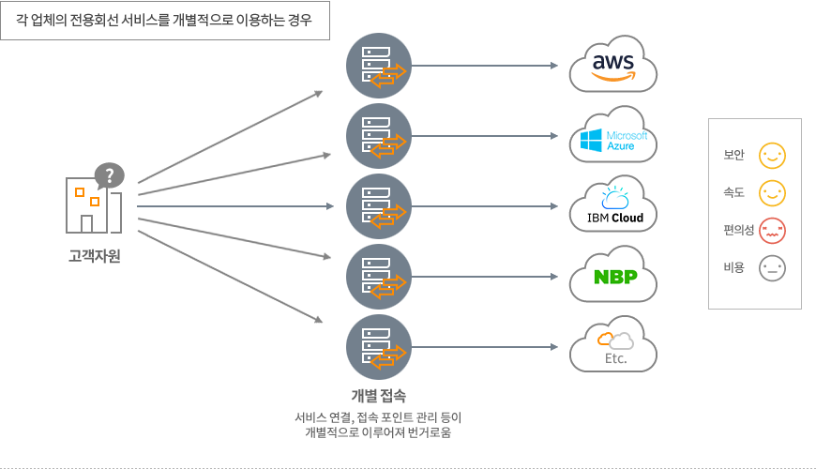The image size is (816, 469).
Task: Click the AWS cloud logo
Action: tap(613, 65)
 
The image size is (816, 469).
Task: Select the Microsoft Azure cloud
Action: tap(613, 135)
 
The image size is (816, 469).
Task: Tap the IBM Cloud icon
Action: tap(613, 205)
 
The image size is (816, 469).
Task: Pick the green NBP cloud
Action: tap(613, 276)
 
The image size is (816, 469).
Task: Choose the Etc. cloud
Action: tap(613, 345)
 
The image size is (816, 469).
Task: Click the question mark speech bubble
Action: tap(110, 176)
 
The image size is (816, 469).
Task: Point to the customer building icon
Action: tap(94, 205)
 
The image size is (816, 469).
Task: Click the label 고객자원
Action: tap(95, 256)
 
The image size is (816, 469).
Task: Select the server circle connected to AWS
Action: tap(379, 66)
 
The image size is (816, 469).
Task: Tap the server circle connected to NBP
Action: tap(379, 277)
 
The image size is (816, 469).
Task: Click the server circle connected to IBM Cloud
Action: tap(379, 206)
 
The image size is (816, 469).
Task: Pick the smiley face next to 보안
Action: tap(772, 156)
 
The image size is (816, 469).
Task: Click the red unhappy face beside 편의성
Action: tap(772, 231)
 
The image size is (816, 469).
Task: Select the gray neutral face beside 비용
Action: tap(772, 268)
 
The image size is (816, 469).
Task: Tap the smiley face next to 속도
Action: tap(772, 193)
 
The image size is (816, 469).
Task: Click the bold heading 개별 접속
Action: tap(378, 396)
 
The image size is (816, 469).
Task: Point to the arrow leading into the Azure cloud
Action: tap(485, 136)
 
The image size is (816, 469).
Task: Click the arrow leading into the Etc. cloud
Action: tap(485, 347)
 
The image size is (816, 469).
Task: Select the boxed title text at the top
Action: tap(164, 21)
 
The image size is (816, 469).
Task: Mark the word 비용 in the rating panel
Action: tap(733, 267)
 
